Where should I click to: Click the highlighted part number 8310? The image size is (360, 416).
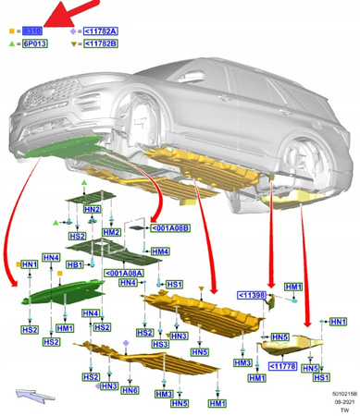tap(32, 31)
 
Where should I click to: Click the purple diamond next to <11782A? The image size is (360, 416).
tap(72, 31)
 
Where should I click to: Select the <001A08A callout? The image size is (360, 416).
tap(125, 273)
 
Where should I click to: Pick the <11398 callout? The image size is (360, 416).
tap(252, 295)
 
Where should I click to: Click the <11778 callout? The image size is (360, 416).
tap(282, 366)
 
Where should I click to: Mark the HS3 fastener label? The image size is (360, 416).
tap(159, 344)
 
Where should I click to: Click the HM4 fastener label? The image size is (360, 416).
tap(160, 251)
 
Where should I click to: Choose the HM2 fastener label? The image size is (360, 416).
tap(111, 232)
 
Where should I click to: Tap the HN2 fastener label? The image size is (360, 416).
tap(92, 210)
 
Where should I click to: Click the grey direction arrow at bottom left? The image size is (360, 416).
tap(34, 397)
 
